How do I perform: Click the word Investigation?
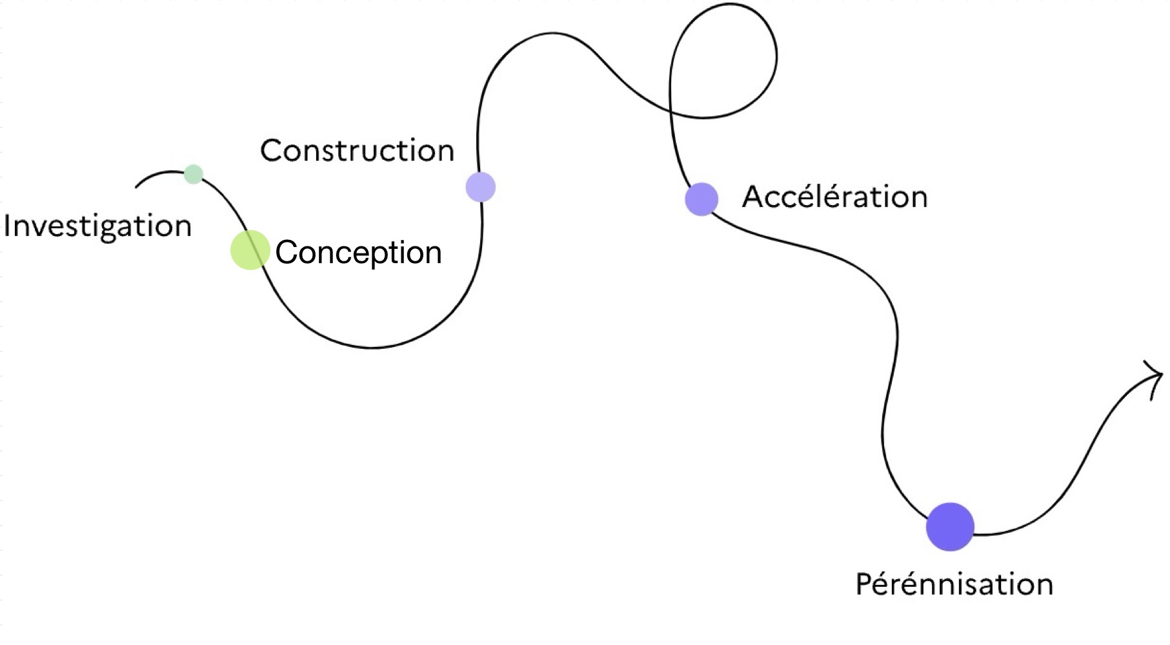click(x=97, y=226)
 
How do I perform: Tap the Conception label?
click(x=358, y=252)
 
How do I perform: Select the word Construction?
click(x=357, y=150)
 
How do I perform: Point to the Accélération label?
click(x=834, y=197)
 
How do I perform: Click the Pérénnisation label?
click(x=954, y=584)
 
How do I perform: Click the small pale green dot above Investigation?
click(x=193, y=174)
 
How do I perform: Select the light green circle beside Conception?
click(x=250, y=250)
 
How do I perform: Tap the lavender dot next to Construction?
click(x=481, y=187)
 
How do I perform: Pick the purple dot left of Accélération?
click(x=701, y=199)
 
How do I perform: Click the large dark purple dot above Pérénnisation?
click(x=950, y=527)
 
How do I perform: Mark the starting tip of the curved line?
click(x=136, y=187)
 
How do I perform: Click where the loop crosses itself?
click(x=671, y=111)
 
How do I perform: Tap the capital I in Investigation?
click(x=8, y=226)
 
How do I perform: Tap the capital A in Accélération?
click(x=754, y=196)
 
